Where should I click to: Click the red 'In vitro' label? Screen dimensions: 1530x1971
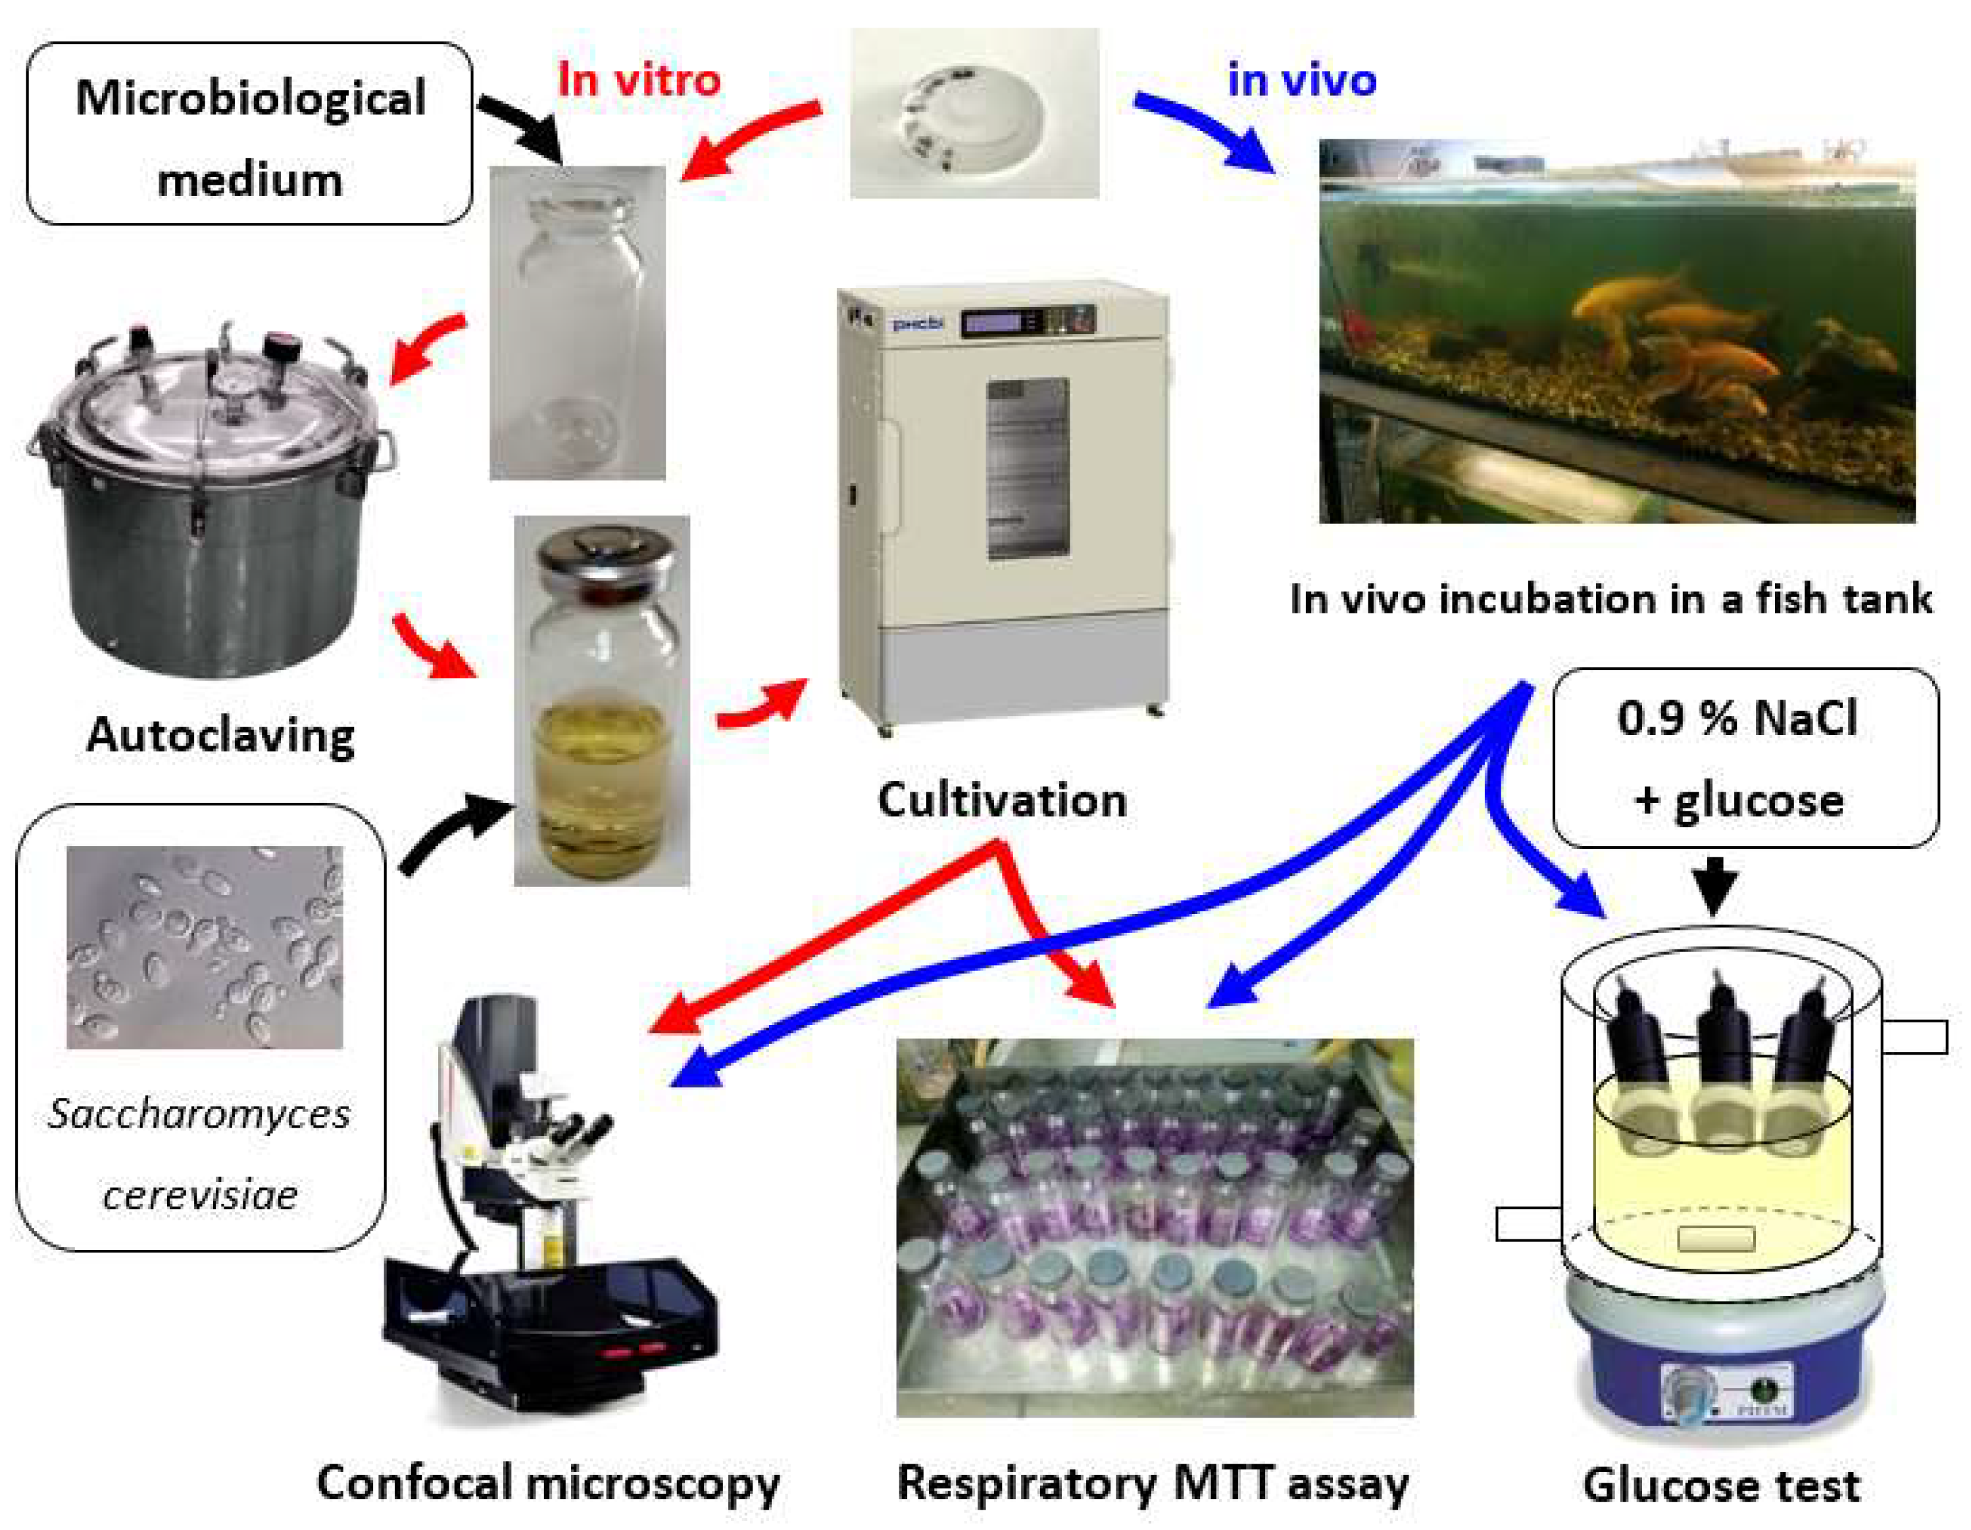pos(639,80)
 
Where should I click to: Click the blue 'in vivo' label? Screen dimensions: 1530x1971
pos(1301,80)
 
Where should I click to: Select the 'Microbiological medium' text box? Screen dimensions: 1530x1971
pos(249,133)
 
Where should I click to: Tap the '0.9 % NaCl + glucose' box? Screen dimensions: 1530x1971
pos(1745,758)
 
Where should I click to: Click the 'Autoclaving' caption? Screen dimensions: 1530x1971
pos(220,735)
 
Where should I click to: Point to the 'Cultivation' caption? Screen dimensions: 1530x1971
pos(1002,800)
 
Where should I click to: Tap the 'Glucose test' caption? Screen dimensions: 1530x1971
pos(1721,1484)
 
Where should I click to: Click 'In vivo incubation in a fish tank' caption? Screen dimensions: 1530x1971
pos(1610,598)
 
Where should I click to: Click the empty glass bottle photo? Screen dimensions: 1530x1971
pos(578,322)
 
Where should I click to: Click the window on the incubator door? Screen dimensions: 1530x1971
pos(1027,468)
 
